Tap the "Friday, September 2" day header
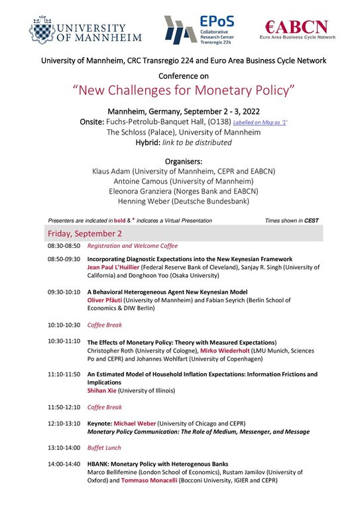[x=84, y=233]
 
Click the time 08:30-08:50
[x=64, y=245]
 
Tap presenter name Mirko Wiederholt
[x=228, y=349]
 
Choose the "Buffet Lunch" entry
[x=104, y=447]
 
